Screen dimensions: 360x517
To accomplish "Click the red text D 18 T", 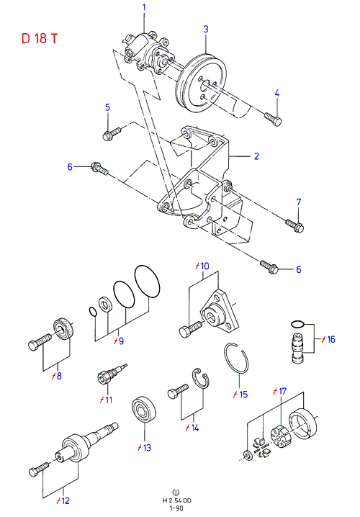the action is [x=40, y=39].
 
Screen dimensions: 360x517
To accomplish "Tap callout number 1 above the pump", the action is [x=144, y=7].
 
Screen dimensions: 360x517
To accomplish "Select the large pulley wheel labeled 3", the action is [x=202, y=84].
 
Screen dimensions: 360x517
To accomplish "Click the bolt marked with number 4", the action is [x=273, y=118].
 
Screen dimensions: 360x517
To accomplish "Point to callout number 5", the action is [x=108, y=107].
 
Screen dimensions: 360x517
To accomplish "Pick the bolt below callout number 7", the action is [x=294, y=225].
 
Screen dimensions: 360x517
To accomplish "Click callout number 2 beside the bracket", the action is [x=256, y=156].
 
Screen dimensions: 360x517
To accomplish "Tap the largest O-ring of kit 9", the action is [x=147, y=282].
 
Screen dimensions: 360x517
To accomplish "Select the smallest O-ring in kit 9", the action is [x=93, y=311].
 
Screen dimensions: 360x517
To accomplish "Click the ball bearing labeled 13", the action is [x=144, y=411].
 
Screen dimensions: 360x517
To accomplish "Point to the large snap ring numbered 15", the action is [x=237, y=359].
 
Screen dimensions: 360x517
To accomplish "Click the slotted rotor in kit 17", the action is [x=279, y=436].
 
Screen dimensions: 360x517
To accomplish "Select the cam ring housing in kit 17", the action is [x=303, y=423].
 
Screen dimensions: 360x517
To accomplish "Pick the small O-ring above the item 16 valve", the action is [x=297, y=325].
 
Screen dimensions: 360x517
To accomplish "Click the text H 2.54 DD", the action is [x=176, y=500].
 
